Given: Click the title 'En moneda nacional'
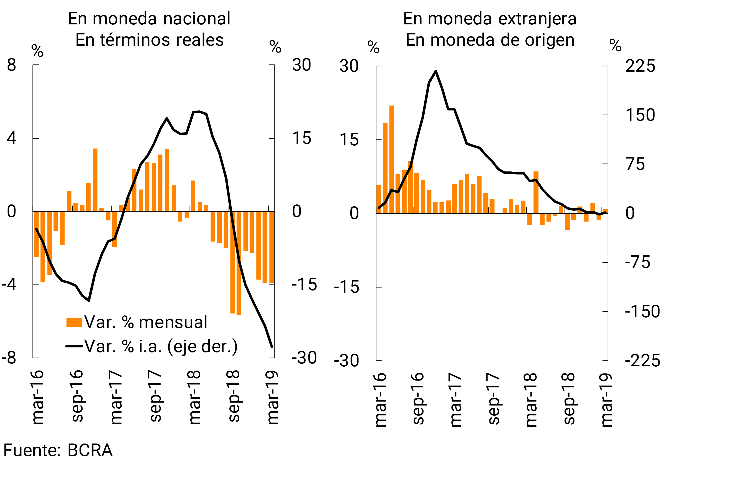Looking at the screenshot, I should [x=149, y=19].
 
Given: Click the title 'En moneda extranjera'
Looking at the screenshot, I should [x=490, y=19].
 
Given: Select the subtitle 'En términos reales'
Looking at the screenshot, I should [x=149, y=40].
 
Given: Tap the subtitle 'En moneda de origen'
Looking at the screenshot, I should [x=490, y=40].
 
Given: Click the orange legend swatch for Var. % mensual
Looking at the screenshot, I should [x=74, y=322].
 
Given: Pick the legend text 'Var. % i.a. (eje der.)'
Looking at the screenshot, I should [x=161, y=346].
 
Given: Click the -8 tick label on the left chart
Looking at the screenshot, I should [x=9, y=358].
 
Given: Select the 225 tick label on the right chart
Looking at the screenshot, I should [x=640, y=66].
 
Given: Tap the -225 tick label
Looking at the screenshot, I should [x=642, y=360].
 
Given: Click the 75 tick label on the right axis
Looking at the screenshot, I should [x=635, y=164].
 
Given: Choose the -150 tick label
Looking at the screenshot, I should [x=642, y=311].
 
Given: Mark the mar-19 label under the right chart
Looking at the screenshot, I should [x=606, y=400].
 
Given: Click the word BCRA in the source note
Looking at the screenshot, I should [x=90, y=450].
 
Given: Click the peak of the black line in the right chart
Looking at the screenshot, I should [x=436, y=71].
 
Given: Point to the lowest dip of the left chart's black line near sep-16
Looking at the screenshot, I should [x=89, y=300].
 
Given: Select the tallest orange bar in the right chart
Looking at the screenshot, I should [x=391, y=158].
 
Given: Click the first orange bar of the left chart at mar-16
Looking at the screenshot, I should [x=36, y=234].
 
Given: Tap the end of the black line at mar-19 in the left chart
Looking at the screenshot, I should [x=272, y=347].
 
